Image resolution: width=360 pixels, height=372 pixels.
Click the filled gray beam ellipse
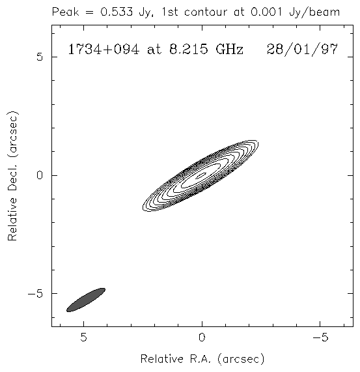point(86,300)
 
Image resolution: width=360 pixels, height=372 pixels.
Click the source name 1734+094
point(104,50)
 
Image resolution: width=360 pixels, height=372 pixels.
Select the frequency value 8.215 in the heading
point(189,49)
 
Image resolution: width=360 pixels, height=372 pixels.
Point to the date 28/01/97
point(302,50)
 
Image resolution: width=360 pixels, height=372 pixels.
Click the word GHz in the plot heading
point(229,50)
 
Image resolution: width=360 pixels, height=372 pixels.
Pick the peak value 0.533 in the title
point(117,12)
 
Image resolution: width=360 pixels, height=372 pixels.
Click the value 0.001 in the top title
point(266,12)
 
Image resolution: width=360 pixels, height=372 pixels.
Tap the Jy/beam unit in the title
point(314,12)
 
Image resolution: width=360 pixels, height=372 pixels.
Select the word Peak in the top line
point(65,12)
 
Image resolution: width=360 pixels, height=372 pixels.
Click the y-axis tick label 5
point(40,57)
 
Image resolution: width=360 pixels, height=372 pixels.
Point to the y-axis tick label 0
point(40,175)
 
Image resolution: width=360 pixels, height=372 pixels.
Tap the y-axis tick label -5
point(35,294)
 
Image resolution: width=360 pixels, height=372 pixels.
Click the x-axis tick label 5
point(83,337)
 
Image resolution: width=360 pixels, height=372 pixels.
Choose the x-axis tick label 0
point(202,337)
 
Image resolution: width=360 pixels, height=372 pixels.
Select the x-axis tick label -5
point(321,337)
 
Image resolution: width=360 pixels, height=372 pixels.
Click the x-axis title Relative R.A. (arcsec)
point(202,359)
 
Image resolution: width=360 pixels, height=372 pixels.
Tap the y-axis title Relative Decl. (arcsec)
point(13,175)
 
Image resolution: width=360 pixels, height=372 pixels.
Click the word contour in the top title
point(206,12)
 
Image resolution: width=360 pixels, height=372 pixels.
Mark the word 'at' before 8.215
point(154,50)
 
